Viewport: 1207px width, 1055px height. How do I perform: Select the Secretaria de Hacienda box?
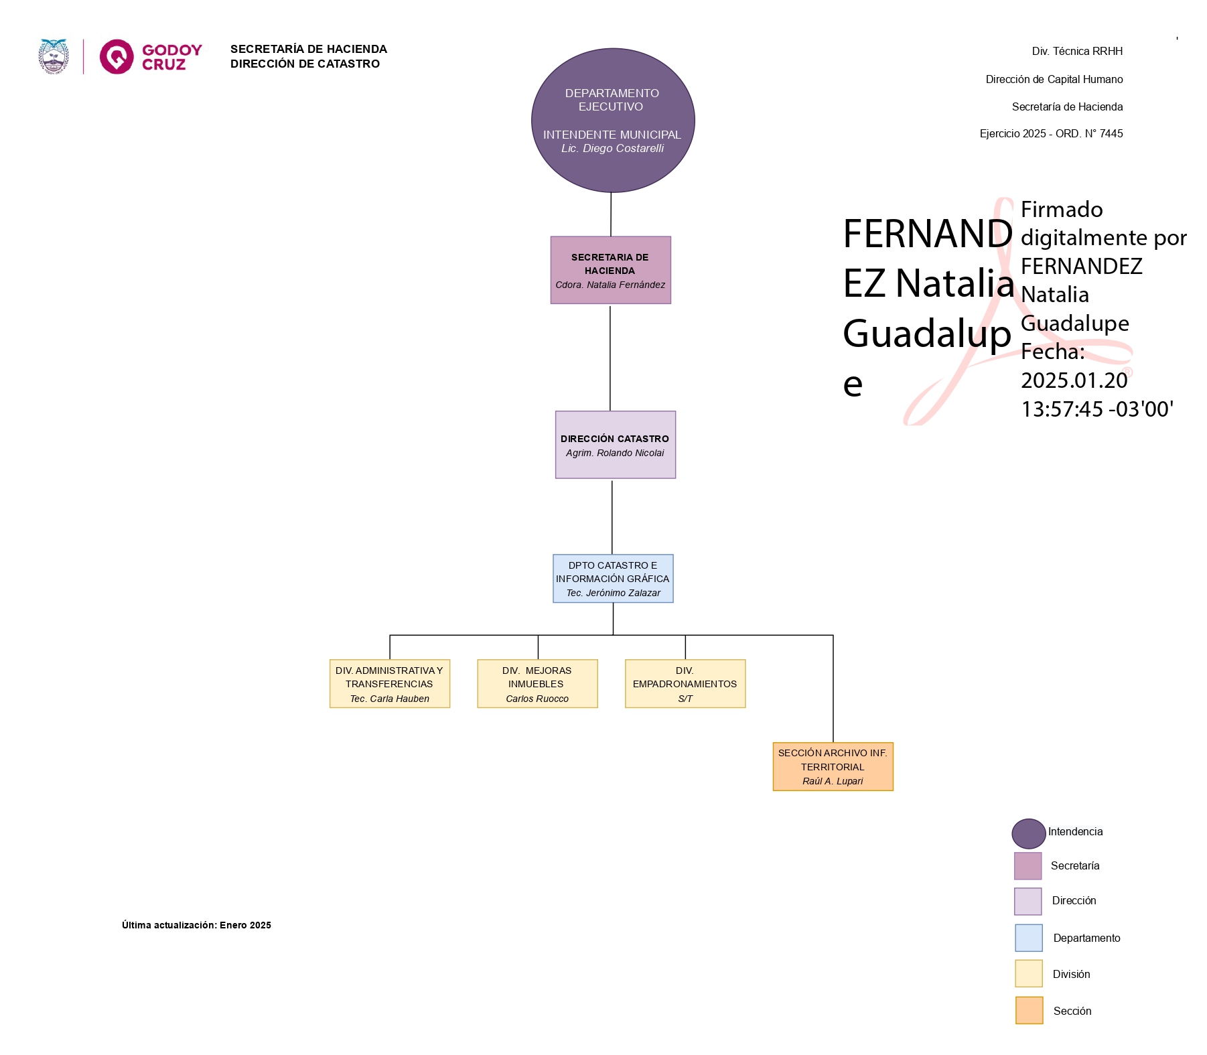coord(610,269)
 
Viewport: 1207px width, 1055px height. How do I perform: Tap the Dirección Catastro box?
coord(615,445)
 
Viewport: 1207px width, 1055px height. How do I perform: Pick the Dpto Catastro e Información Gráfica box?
coord(613,579)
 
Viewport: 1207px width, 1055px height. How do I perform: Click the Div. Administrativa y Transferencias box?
coord(389,683)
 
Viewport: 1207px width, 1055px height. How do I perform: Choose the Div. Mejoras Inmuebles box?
coord(537,683)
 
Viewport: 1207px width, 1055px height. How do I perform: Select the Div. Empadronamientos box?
coord(685,683)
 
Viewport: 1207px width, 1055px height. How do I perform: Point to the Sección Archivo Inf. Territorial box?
coord(833,766)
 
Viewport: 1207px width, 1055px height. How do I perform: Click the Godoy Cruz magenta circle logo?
coord(117,56)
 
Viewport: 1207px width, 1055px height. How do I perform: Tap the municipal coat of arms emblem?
coord(54,56)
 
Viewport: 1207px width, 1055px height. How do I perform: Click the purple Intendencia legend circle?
coord(1028,833)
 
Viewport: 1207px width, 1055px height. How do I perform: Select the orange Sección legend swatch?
coord(1029,1010)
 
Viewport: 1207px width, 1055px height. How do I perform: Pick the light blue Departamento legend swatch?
coord(1028,937)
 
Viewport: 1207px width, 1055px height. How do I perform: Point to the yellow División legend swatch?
coord(1028,973)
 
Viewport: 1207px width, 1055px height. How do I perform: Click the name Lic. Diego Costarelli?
coord(612,149)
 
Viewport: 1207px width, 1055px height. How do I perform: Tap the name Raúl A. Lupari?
coord(833,781)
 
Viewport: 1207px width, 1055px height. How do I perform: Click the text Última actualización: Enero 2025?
coord(196,925)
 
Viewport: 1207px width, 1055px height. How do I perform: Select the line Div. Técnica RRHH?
coord(1076,52)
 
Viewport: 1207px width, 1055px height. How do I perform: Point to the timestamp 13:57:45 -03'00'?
coord(1096,409)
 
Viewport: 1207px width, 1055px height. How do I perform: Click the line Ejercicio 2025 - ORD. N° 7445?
coord(1051,134)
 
